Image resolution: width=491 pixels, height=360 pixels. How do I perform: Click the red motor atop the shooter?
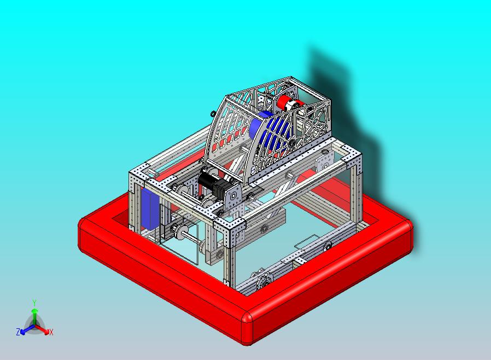pos(290,102)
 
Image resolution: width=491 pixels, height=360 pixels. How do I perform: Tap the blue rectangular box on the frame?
pos(150,208)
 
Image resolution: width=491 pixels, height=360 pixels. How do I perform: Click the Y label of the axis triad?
pos(34,303)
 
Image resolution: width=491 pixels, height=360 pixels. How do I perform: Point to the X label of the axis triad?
pos(51,332)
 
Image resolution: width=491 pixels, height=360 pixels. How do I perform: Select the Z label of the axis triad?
pos(18,332)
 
